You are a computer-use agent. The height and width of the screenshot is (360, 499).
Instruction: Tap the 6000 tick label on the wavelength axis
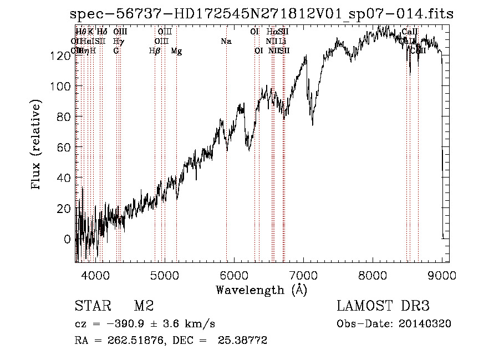coord(234,275)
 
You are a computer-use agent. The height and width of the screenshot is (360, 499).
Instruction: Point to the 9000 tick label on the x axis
coord(442,275)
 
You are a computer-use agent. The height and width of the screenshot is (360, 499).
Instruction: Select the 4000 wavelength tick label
coord(95,275)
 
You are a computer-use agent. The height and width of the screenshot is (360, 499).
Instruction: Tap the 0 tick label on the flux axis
coord(68,239)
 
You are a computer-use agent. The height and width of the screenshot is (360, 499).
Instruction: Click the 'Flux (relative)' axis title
coord(37,145)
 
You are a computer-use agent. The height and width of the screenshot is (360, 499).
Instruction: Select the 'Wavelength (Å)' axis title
coord(261,290)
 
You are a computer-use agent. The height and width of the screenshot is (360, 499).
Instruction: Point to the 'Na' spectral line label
coord(226,42)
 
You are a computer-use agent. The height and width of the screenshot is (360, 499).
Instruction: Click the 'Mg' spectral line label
coord(176,51)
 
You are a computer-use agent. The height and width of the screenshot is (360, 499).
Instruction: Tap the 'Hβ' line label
coord(155,51)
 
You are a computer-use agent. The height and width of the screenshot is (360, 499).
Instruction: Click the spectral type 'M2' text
coord(144,306)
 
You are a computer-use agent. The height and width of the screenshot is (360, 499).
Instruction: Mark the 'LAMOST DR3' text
coord(383,306)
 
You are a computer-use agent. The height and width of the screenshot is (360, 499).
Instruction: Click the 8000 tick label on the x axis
coord(373,275)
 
